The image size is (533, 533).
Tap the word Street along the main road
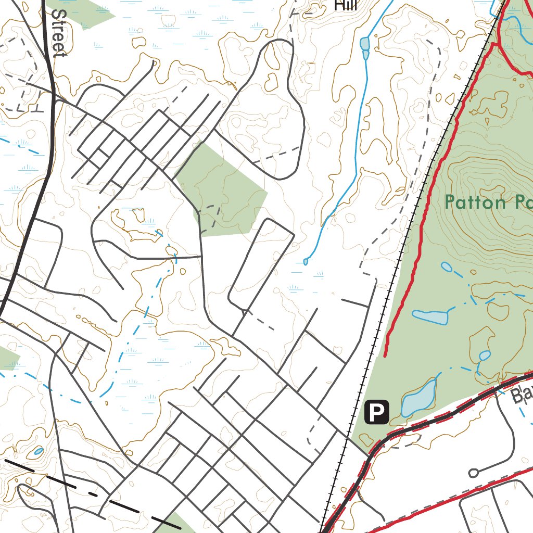[x=59, y=32]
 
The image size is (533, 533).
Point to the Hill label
[x=346, y=6]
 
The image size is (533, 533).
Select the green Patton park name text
[x=488, y=202]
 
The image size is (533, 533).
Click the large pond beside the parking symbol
[x=418, y=398]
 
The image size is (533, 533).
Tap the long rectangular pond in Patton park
[x=430, y=316]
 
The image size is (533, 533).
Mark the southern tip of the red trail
[x=385, y=356]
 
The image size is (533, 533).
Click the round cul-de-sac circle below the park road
[x=473, y=473]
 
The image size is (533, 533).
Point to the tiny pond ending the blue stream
[x=306, y=262]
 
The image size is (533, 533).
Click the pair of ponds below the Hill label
[x=365, y=47]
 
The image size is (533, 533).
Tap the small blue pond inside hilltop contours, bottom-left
[x=38, y=451]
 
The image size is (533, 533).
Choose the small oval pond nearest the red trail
[x=447, y=268]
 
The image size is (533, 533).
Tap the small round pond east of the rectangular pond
[x=485, y=356]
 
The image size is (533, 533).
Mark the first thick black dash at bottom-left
[x=19, y=465]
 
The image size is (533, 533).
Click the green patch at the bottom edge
[x=180, y=523]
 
